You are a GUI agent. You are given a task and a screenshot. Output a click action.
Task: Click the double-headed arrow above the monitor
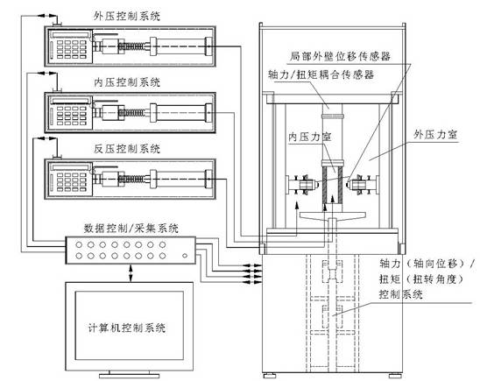click(130, 270)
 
